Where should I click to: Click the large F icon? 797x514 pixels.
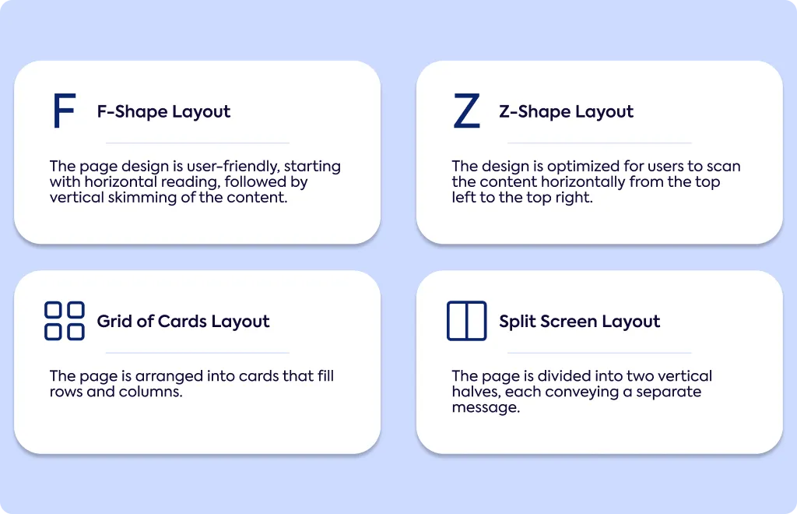click(57, 111)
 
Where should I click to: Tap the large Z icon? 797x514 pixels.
click(467, 111)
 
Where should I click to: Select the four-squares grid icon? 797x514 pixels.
click(65, 321)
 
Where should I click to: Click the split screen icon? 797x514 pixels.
click(467, 321)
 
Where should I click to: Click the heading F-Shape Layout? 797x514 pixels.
click(163, 112)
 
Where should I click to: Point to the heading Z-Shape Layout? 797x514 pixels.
click(567, 112)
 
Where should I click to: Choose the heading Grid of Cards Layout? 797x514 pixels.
click(183, 322)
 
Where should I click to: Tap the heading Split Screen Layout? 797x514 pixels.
click(579, 322)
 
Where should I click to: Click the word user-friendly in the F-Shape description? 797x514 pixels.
click(233, 167)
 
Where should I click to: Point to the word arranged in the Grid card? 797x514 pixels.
click(169, 377)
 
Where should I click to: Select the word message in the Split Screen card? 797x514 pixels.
click(486, 408)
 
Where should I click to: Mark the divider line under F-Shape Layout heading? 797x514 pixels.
click(197, 143)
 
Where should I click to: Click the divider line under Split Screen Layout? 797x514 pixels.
click(599, 353)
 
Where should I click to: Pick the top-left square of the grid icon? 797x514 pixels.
click(54, 310)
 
